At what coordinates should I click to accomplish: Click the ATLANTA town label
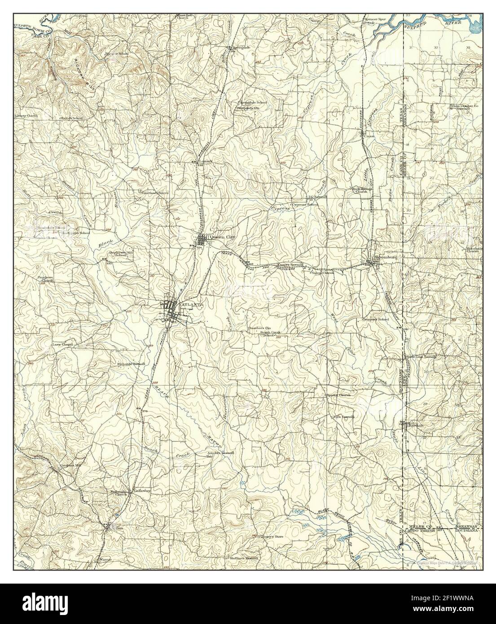[192, 304]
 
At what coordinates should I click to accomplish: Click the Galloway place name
[141, 491]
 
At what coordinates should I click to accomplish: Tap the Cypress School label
[305, 205]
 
